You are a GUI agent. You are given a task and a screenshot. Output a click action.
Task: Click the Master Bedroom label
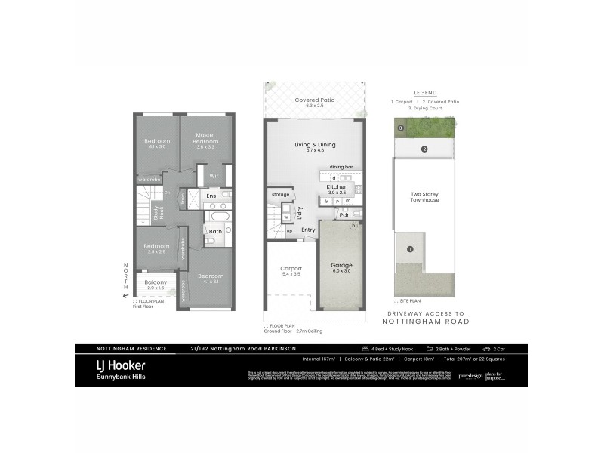click(x=205, y=139)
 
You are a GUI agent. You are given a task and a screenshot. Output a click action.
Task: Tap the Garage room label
click(x=342, y=266)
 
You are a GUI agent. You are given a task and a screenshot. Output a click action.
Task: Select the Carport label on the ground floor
click(x=291, y=269)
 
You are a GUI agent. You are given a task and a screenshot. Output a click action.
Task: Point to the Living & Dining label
click(x=315, y=145)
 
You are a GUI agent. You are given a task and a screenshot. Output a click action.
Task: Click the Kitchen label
click(x=336, y=186)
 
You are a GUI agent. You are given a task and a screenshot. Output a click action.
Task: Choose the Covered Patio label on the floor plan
click(x=315, y=100)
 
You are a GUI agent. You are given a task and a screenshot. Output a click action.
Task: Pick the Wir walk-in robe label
click(x=214, y=175)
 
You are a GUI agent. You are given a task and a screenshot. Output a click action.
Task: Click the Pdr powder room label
click(x=344, y=215)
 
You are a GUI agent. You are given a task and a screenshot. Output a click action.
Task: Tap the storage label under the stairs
click(x=281, y=195)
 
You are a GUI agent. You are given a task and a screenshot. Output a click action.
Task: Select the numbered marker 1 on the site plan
click(x=410, y=249)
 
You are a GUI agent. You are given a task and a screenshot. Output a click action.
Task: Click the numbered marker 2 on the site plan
click(x=424, y=149)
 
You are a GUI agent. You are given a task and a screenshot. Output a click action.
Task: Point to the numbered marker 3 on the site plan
click(x=402, y=128)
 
